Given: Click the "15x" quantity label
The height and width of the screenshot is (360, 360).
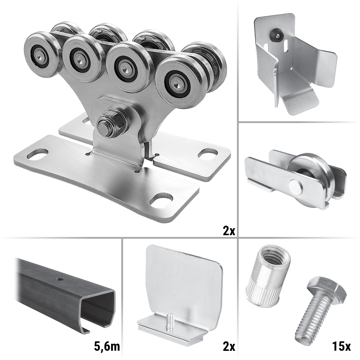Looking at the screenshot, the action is point(341,346).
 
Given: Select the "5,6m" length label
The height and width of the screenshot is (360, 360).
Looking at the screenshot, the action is point(107,346).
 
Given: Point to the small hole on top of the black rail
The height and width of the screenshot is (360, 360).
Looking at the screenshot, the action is point(59,279).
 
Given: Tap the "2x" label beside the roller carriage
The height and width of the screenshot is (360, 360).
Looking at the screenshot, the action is point(229,231).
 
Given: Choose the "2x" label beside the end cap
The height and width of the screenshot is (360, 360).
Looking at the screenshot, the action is point(229,346).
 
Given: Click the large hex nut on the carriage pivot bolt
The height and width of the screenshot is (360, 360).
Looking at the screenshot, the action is point(113,122).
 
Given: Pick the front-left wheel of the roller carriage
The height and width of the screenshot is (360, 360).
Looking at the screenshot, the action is point(41,54).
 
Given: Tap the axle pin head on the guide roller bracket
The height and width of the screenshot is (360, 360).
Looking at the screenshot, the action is point(295,186).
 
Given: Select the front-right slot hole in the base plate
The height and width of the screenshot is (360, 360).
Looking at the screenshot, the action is point(161,199).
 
